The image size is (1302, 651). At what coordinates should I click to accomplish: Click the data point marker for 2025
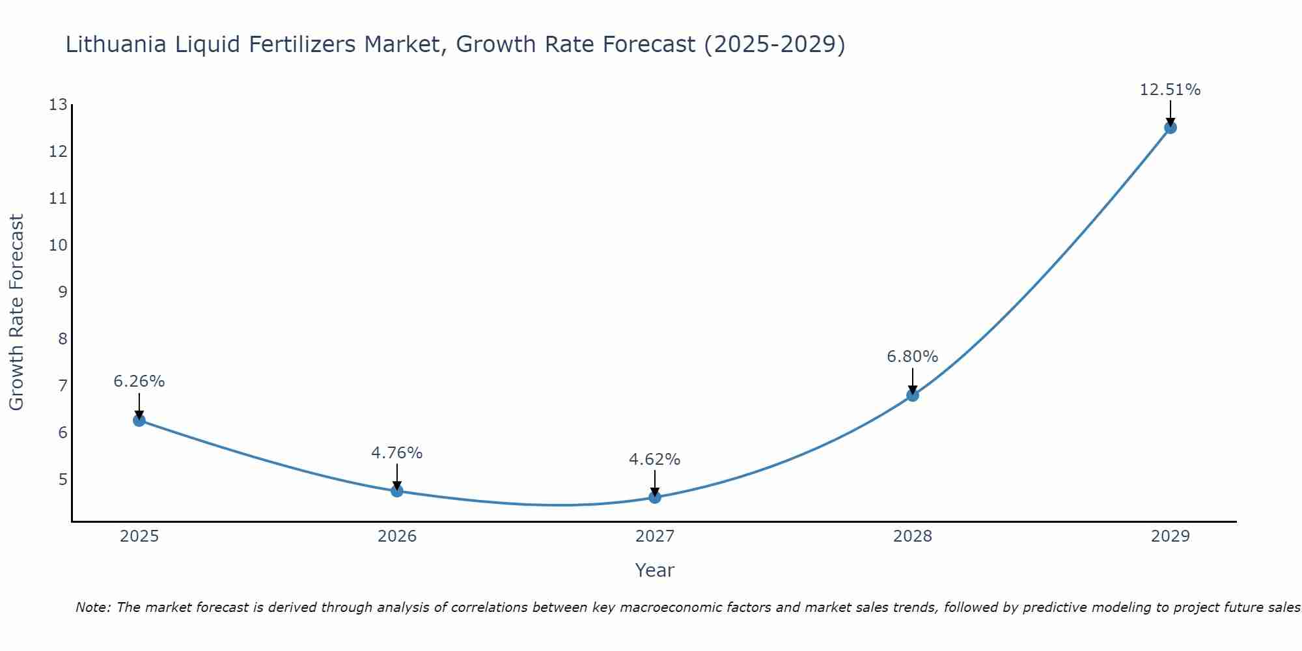[139, 421]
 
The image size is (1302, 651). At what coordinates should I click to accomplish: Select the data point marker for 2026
[397, 491]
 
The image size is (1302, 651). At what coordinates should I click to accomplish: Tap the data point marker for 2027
[655, 497]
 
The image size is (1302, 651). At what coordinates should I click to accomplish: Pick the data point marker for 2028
[913, 395]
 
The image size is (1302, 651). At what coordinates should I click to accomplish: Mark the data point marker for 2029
[1170, 128]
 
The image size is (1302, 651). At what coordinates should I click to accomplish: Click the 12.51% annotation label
[1170, 90]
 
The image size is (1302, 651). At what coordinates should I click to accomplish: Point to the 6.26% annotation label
[139, 381]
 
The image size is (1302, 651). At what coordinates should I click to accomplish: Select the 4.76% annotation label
[397, 452]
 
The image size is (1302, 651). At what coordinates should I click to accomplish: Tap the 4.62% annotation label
[655, 460]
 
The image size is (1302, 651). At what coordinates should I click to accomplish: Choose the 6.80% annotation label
[913, 357]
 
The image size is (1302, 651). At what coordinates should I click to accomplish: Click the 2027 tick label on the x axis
[655, 536]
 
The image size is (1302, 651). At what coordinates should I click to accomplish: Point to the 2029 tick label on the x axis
[1170, 536]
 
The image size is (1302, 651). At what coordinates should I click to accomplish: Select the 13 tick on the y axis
[58, 105]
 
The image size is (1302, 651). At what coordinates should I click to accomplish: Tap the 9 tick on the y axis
[62, 292]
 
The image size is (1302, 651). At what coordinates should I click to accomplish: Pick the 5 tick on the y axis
[62, 480]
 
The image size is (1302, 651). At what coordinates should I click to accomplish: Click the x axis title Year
[655, 570]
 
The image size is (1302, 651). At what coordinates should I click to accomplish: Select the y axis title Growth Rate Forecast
[16, 312]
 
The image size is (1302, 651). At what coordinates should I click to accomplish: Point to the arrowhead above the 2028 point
[913, 390]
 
